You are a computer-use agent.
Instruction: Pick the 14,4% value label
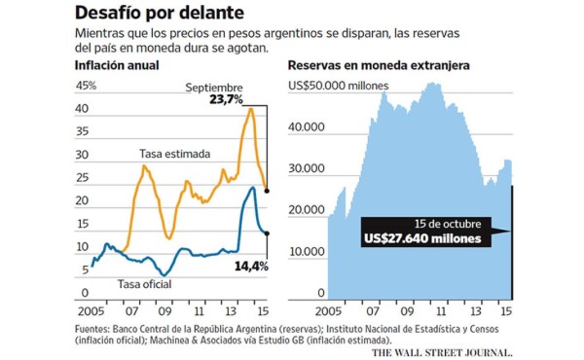(x=251, y=265)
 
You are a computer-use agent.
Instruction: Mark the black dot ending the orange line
(x=268, y=191)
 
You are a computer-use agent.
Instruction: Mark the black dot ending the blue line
(x=268, y=233)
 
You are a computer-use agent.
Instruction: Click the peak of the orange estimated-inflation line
(x=251, y=108)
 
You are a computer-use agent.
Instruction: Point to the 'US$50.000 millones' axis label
(x=339, y=86)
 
